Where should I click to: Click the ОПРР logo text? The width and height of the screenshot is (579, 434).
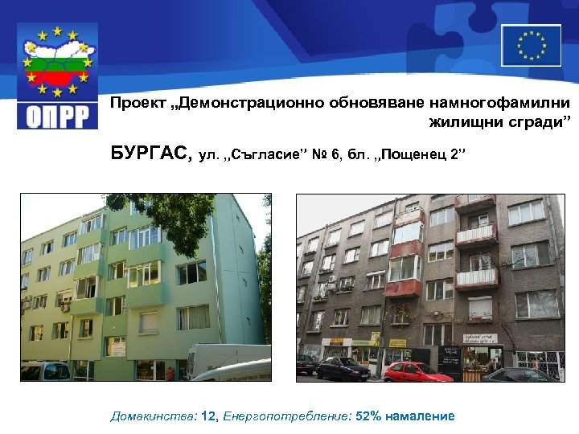pos(56,113)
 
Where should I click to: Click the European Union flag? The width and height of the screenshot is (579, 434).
pos(531,45)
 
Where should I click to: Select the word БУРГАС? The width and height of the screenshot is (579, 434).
pos(151,153)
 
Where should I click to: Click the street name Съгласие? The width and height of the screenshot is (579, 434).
pos(266,154)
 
